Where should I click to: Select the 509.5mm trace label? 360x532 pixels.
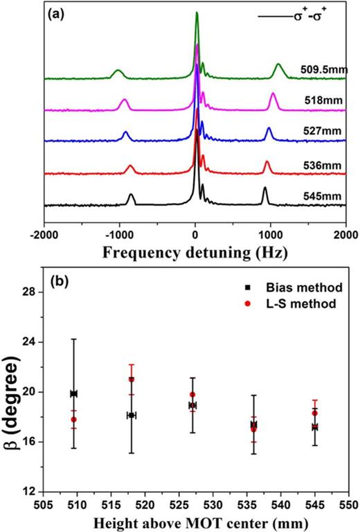click(x=321, y=69)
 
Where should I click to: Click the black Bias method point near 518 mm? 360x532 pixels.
click(x=132, y=415)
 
